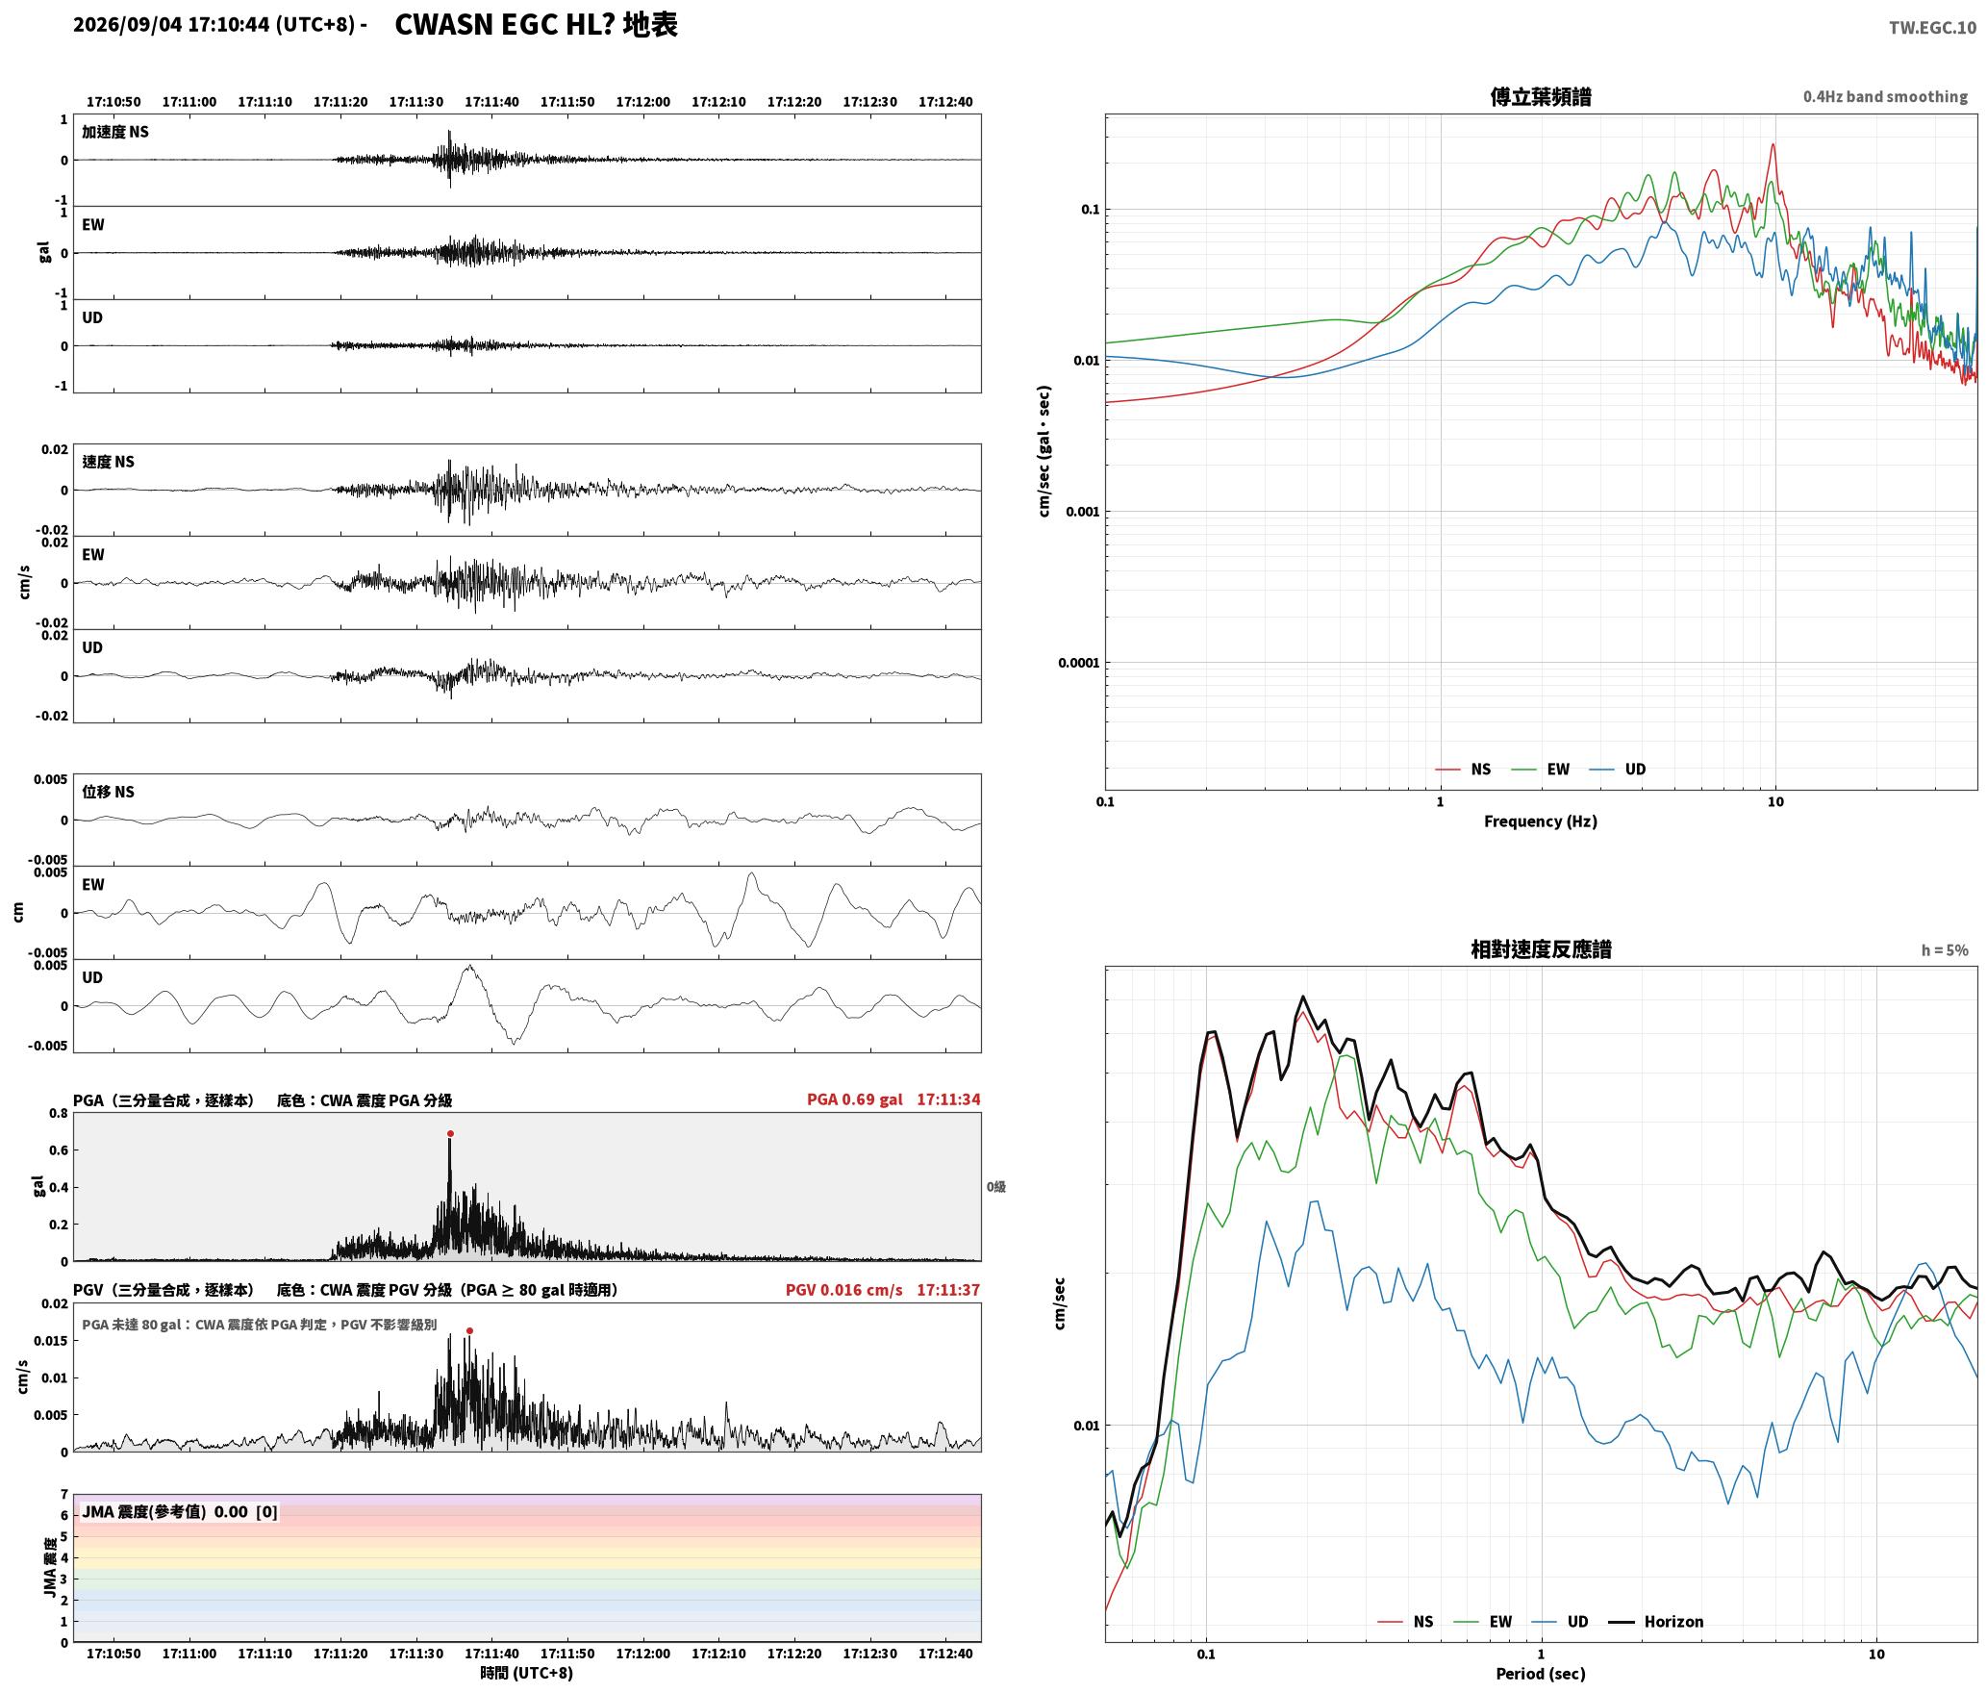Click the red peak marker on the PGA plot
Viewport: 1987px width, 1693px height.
click(x=450, y=1133)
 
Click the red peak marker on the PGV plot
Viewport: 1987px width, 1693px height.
click(x=469, y=1330)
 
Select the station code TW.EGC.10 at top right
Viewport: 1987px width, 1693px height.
click(x=1932, y=28)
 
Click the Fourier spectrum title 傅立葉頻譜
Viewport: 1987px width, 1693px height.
click(x=1540, y=96)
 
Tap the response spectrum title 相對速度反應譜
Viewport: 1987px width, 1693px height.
click(x=1541, y=948)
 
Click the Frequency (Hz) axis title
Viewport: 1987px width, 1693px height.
click(x=1540, y=821)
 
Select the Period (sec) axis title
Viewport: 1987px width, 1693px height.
click(x=1540, y=1673)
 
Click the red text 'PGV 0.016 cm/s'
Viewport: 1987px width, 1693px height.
click(x=843, y=1289)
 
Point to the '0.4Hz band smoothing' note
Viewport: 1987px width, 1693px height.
click(x=1885, y=96)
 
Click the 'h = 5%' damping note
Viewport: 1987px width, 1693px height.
click(x=1945, y=949)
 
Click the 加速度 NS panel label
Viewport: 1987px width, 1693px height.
click(x=115, y=132)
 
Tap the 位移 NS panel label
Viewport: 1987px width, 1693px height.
click(x=108, y=792)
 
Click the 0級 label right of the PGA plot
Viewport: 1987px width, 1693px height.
click(x=995, y=1186)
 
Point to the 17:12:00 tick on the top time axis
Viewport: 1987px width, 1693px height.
click(x=643, y=102)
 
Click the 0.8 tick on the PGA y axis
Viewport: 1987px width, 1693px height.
click(x=58, y=1113)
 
